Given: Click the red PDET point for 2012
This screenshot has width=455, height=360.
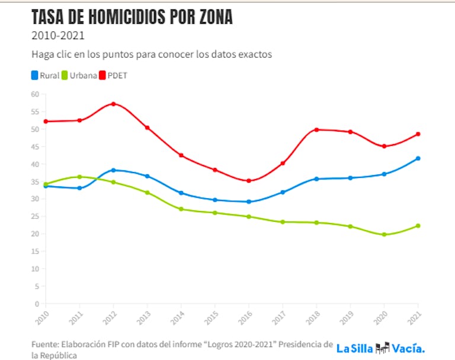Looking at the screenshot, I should tap(113, 104).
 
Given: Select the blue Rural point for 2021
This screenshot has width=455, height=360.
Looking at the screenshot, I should tap(418, 158).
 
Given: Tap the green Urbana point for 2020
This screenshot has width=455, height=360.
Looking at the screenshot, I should tap(384, 235).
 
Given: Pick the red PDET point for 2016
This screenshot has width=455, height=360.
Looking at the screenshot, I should tap(249, 181).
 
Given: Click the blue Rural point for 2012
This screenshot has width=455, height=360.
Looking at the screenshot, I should tap(113, 170).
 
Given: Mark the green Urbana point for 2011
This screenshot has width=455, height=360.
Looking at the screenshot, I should tap(79, 177).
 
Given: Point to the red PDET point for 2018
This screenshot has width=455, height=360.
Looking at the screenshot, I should tap(317, 129).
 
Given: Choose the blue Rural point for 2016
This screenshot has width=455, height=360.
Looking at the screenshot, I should tap(249, 202).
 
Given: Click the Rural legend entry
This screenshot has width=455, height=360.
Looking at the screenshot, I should tap(45, 75).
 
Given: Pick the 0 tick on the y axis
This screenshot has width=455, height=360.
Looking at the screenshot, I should tap(36, 304).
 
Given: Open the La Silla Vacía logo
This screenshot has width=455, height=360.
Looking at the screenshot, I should tap(380, 348).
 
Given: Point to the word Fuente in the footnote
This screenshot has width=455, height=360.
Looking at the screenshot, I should tap(46, 344).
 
